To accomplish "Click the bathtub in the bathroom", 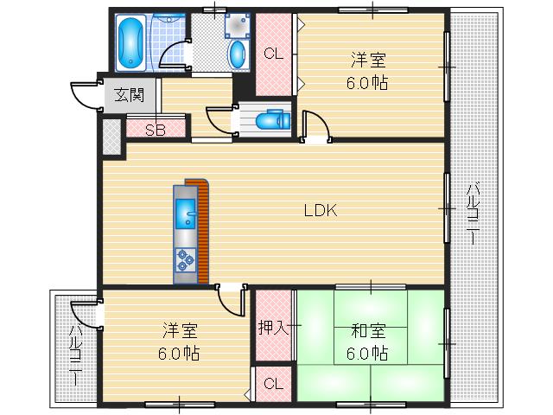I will click(x=131, y=41).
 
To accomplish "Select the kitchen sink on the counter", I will click(x=185, y=210).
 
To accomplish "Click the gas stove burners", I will click(x=185, y=258).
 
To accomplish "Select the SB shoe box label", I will click(x=156, y=131).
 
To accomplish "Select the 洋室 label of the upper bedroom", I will click(x=368, y=61).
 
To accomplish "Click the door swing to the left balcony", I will click(x=85, y=313).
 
